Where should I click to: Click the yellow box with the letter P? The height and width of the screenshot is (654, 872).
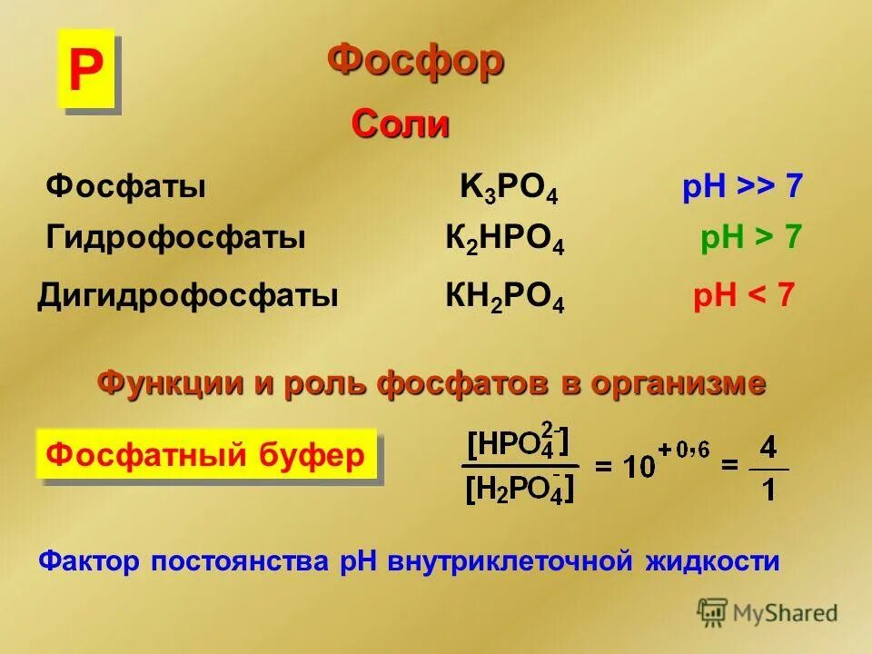[x=85, y=69]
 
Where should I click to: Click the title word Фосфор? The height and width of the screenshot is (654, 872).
[x=415, y=62]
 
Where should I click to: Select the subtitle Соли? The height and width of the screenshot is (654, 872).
[x=401, y=124]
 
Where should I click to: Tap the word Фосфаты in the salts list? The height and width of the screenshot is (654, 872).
[x=125, y=187]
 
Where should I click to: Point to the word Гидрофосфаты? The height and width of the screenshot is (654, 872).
[x=175, y=239]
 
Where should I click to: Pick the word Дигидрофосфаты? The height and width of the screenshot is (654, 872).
[x=187, y=296]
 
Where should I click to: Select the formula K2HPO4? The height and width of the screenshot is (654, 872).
[x=505, y=241]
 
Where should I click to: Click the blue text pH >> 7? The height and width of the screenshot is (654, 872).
[x=742, y=187]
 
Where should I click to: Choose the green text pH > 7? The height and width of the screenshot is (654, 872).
[x=750, y=239]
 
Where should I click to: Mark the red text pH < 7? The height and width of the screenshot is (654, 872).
[x=744, y=296]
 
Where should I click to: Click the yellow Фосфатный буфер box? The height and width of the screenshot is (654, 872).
[x=205, y=455]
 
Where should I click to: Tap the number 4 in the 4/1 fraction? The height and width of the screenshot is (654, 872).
[x=768, y=449]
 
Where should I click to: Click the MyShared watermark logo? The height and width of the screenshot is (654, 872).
[x=768, y=613]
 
